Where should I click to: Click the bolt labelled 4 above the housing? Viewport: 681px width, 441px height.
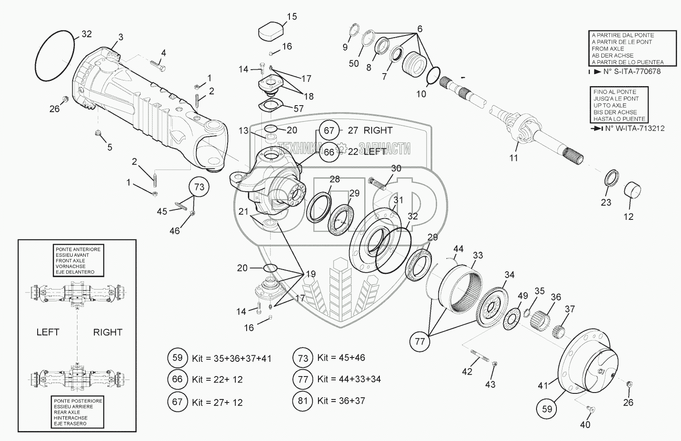(x=157, y=67)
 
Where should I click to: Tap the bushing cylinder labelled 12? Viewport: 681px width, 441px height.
(x=632, y=192)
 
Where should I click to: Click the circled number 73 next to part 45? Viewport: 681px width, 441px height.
(x=199, y=187)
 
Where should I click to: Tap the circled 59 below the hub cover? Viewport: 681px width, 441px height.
(x=547, y=408)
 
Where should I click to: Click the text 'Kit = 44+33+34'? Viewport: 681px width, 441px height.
(x=349, y=379)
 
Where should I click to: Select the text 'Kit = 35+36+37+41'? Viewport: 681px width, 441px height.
(x=231, y=358)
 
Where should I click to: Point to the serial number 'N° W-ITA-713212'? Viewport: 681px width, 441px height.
(x=634, y=128)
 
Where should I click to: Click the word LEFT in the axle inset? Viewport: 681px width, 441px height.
(x=48, y=332)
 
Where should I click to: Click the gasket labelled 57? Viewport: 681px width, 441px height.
(x=269, y=106)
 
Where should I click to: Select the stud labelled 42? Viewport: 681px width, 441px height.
(x=478, y=356)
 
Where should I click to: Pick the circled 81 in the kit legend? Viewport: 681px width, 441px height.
(x=303, y=400)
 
